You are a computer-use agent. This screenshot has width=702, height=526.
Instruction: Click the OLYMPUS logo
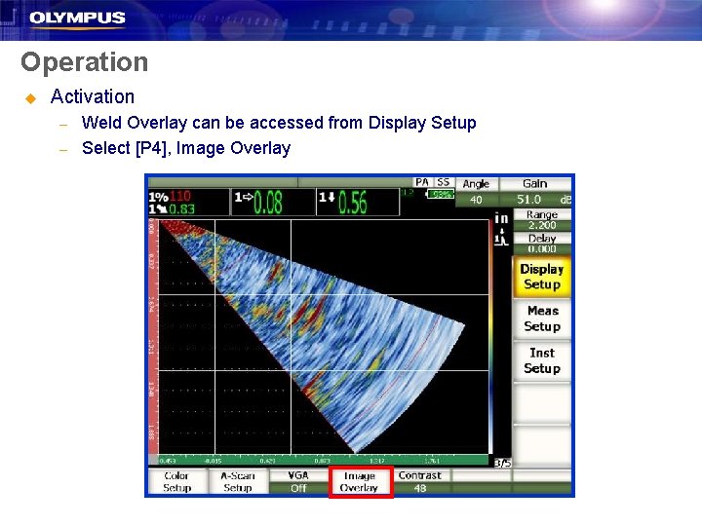(77, 18)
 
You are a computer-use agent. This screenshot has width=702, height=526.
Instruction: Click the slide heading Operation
(85, 62)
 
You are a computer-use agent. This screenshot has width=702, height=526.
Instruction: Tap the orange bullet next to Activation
(30, 97)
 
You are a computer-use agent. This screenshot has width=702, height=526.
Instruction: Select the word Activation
(93, 96)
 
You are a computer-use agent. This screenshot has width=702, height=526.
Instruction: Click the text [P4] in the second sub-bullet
(158, 148)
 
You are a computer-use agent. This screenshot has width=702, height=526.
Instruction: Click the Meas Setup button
(542, 319)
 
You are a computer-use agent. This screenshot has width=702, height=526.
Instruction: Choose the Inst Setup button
(542, 360)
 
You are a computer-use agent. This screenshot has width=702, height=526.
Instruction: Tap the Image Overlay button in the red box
(360, 482)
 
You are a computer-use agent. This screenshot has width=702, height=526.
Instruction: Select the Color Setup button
(176, 482)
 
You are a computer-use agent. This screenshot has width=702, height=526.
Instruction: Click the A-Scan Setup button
(237, 482)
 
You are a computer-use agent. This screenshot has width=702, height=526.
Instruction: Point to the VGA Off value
(298, 488)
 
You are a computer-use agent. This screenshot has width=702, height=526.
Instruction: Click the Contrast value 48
(420, 488)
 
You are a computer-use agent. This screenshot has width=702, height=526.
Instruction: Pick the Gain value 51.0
(529, 199)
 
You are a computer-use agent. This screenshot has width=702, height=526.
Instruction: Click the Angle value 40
(476, 199)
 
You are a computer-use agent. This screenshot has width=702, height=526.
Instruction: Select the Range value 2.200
(542, 225)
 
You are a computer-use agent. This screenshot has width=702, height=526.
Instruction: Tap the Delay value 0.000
(542, 248)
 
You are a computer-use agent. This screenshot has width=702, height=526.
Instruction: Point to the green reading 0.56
(353, 202)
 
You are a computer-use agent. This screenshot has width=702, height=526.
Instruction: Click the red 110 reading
(179, 196)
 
